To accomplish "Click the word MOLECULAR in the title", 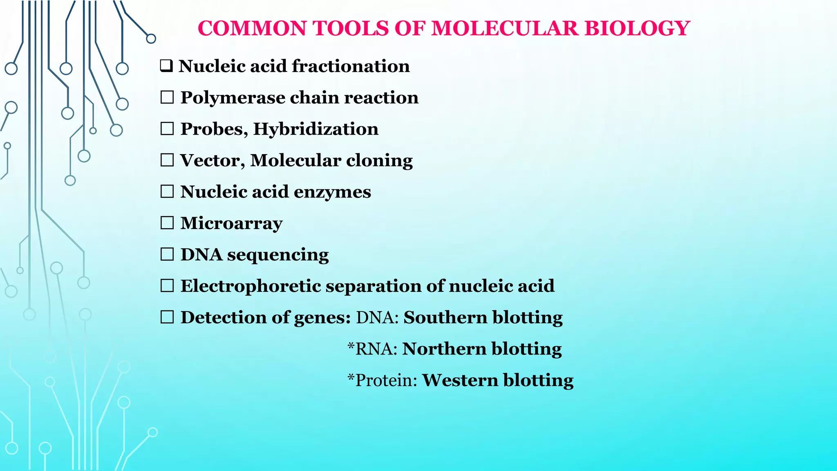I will pos(505,29).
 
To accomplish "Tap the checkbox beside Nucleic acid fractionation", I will pos(167,66).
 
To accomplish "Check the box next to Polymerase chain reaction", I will pos(167,97).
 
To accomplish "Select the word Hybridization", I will pos(316,129).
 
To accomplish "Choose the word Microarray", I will pos(231,224).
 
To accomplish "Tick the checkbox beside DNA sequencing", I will pos(167,254).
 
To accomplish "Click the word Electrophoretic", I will pos(251,286).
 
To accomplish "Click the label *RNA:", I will pos(372,349).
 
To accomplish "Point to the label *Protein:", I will pos(382,380).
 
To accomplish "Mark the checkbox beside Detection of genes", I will pos(167,317).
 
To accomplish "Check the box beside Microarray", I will pos(167,223).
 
